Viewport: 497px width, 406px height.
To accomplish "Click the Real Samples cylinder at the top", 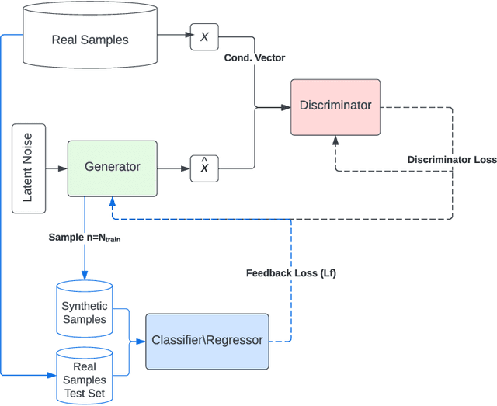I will pyautogui.click(x=89, y=39).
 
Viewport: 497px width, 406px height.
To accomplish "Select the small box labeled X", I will pyautogui.click(x=204, y=37).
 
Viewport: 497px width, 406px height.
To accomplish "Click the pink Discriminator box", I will pyautogui.click(x=335, y=106).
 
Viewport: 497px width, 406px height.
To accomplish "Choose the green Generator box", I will pyautogui.click(x=113, y=167).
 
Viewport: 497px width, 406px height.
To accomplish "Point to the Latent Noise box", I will pyautogui.click(x=28, y=168).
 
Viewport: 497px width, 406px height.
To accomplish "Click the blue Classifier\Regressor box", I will pyautogui.click(x=207, y=341).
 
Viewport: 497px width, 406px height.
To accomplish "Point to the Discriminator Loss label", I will pyautogui.click(x=451, y=160).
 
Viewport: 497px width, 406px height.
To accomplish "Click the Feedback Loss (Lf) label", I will pyautogui.click(x=290, y=272).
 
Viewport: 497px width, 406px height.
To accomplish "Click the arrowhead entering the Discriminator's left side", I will pyautogui.click(x=286, y=106).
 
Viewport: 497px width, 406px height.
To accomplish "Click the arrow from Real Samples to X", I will pyautogui.click(x=176, y=37).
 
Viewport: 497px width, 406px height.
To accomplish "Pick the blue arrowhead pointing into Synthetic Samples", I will pyautogui.click(x=85, y=275).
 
